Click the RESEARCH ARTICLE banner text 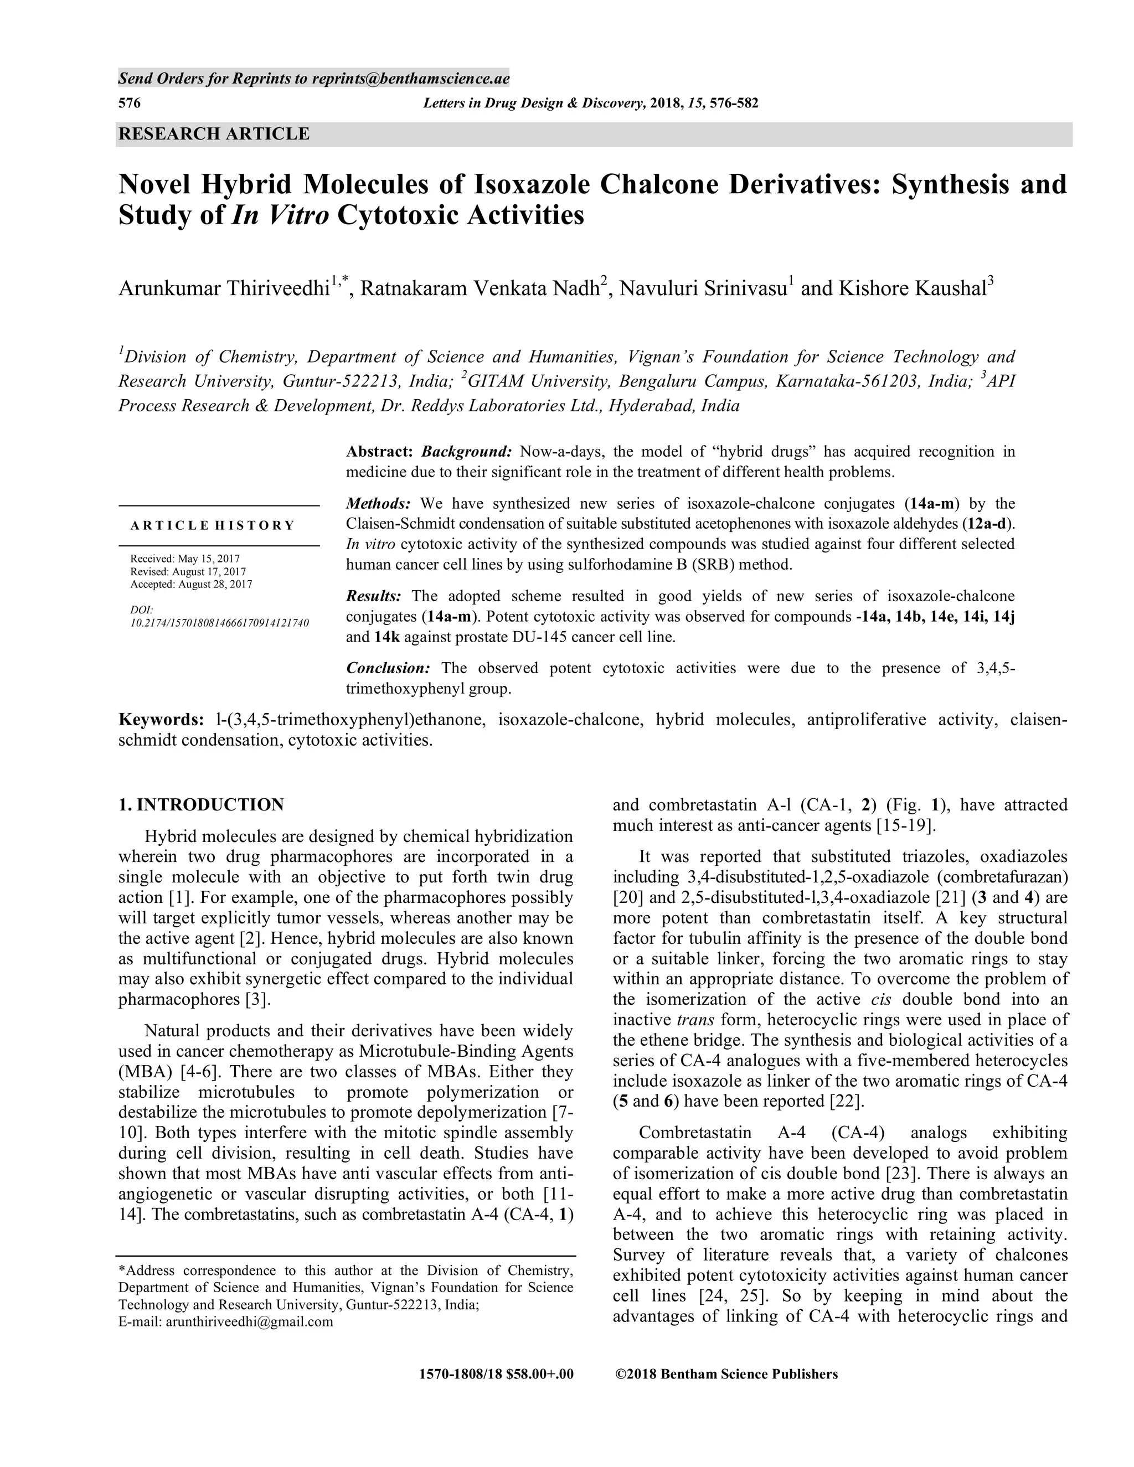214,133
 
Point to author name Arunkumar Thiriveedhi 224,289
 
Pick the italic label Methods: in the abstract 378,504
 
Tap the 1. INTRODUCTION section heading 201,805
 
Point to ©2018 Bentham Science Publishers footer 726,1375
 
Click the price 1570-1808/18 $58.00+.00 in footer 496,1375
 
